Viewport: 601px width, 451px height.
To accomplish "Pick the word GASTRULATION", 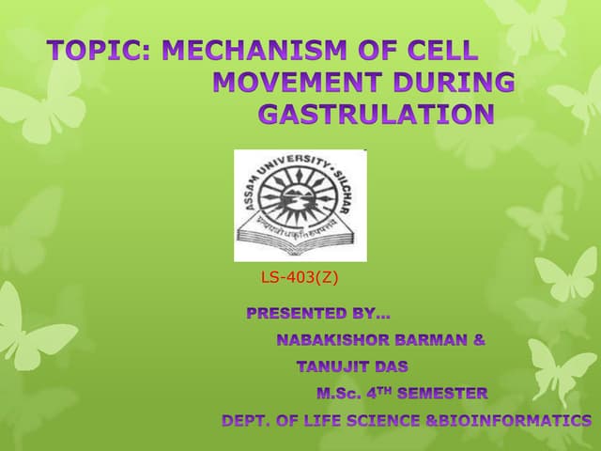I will point(375,115).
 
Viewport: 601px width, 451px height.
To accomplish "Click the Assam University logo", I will point(300,205).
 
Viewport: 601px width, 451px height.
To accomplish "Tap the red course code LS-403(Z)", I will point(299,278).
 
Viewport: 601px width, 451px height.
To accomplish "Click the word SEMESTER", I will point(443,393).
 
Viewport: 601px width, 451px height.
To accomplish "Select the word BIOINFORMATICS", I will point(516,420).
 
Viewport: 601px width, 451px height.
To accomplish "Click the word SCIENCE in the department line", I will point(381,420).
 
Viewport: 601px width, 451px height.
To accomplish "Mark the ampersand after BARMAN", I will point(479,339).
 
